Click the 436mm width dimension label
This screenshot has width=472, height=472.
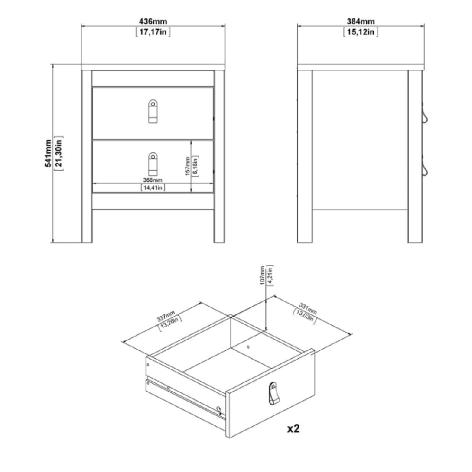coord(153,21)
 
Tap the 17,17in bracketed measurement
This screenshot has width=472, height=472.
coord(153,32)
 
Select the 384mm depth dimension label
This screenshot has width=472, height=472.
coord(361,21)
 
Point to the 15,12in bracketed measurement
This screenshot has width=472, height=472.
coord(361,32)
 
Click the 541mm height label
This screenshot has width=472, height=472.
coord(48,153)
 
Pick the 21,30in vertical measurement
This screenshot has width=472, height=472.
coord(59,153)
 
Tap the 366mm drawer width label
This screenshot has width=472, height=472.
coord(152,180)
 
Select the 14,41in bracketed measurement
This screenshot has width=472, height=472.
coord(153,188)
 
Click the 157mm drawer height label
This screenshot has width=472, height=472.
coord(187,166)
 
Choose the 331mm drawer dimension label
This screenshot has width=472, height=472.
coord(308,308)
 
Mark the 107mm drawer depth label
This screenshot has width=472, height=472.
coord(262,275)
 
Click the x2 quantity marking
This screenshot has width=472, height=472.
coord(294,429)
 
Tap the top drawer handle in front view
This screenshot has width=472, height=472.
coord(153,111)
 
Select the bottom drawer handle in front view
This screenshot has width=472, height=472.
coord(153,164)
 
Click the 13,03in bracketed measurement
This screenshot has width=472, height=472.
coord(304,316)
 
